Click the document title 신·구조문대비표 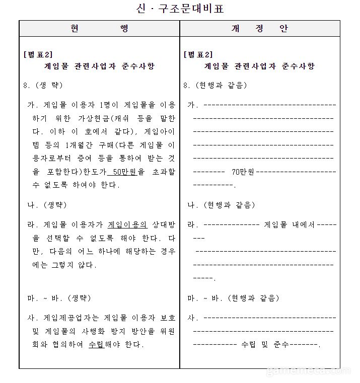[180, 9]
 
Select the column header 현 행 [99, 29]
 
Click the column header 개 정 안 [259, 29]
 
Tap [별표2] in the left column [38, 54]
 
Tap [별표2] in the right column [198, 54]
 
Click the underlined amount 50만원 [122, 172]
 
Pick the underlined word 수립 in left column [96, 345]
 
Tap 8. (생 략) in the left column [43, 85]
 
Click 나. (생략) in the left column [46, 205]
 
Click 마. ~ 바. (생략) [59, 298]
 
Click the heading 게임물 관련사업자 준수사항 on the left [99, 66]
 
